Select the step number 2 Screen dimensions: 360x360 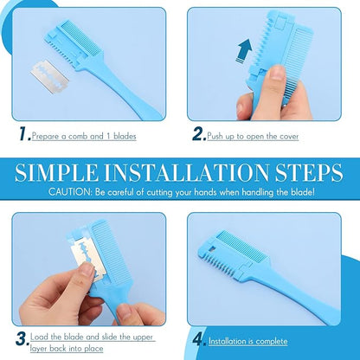pos(199,134)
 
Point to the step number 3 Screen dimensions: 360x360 pos(21,338)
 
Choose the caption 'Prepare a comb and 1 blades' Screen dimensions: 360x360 pos(85,136)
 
